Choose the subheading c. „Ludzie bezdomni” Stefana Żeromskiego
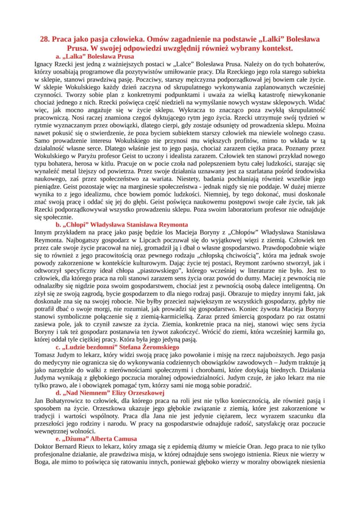(x=117, y=347)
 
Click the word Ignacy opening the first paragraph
(x=43, y=64)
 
